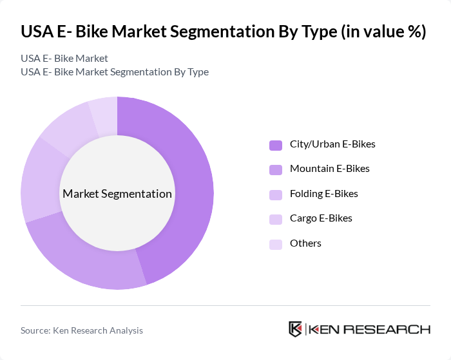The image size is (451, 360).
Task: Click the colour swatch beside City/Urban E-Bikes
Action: click(276, 144)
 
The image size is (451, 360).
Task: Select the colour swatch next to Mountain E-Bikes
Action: click(276, 169)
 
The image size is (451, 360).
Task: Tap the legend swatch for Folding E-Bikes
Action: click(276, 194)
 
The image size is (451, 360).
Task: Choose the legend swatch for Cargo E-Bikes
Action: click(276, 219)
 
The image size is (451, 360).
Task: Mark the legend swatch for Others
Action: click(276, 244)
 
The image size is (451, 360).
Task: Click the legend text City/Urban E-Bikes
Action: click(332, 144)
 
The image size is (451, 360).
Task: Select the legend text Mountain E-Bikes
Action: click(329, 169)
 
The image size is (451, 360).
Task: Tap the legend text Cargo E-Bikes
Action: click(321, 218)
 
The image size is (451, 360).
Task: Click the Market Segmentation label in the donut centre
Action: click(117, 194)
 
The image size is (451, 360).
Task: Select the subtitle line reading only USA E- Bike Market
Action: click(64, 59)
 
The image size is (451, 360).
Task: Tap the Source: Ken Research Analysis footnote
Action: click(82, 330)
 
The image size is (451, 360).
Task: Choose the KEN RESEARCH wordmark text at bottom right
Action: click(369, 330)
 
